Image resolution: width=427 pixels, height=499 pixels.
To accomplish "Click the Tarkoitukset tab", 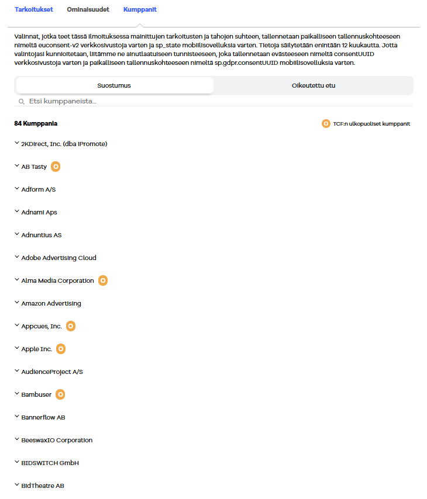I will click(x=34, y=10).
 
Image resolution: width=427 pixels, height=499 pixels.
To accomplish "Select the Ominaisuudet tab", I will click(x=88, y=10).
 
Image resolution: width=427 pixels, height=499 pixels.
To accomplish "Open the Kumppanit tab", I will click(x=140, y=10).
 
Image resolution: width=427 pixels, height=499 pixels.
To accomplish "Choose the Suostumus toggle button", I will click(x=114, y=85).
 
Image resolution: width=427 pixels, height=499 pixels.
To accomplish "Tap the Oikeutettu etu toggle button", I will click(x=314, y=85).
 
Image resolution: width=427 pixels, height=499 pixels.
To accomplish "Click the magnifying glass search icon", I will click(x=22, y=102).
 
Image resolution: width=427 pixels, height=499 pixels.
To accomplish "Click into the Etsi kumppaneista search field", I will click(x=175, y=102).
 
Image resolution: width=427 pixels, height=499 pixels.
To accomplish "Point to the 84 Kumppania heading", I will click(x=36, y=124).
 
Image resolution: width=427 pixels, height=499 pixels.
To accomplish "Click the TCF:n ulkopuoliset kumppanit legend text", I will click(x=371, y=124).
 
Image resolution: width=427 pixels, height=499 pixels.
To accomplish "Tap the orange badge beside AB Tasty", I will click(x=56, y=167).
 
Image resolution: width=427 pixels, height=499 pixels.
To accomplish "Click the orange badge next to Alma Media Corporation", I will click(x=103, y=280).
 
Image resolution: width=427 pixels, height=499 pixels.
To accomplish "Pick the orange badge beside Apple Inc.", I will click(x=61, y=349).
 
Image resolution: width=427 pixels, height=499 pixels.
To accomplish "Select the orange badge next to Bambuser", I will click(x=60, y=394).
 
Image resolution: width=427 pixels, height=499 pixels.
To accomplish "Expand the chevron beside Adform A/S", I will click(x=16, y=189).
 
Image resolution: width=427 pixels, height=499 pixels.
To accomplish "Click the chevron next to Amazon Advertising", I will click(x=16, y=303).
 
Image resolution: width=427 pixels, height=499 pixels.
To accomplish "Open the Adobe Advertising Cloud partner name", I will click(x=58, y=258).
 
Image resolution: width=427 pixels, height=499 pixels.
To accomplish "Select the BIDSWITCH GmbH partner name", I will click(x=50, y=463).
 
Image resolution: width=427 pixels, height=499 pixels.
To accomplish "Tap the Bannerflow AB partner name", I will click(x=43, y=417).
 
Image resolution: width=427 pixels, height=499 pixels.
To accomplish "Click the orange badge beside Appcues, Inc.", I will click(x=71, y=326).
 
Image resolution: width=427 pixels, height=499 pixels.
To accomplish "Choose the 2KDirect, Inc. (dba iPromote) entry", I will click(x=64, y=144).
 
